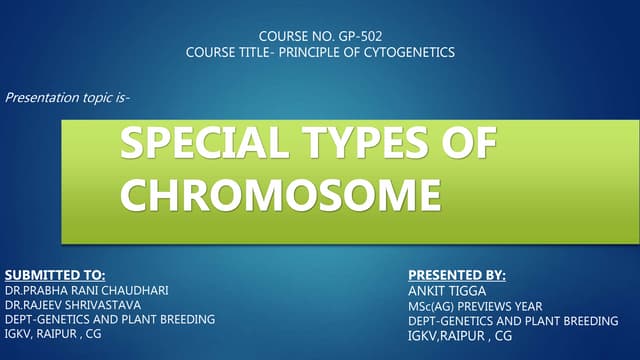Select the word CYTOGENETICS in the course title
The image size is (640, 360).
[411, 52]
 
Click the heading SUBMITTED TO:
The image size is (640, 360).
[55, 273]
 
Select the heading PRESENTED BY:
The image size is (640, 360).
[457, 273]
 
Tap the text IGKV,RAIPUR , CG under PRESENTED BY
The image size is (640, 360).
[460, 336]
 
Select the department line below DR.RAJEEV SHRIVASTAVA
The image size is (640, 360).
[110, 320]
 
